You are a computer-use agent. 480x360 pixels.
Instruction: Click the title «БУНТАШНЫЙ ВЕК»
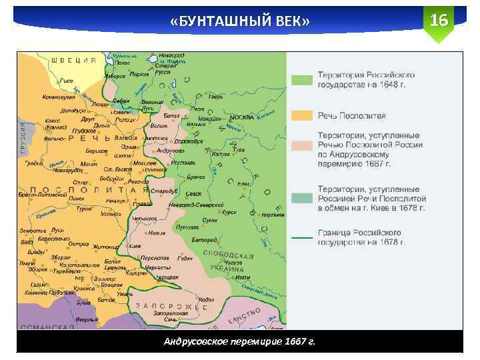pos(239,23)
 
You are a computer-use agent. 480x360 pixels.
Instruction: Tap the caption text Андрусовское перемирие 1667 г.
pos(239,341)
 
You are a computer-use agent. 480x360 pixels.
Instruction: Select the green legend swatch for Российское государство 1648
pos(301,80)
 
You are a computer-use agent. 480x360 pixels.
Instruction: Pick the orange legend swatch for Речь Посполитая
pos(301,115)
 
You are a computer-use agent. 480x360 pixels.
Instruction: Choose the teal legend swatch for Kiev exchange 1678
pos(301,199)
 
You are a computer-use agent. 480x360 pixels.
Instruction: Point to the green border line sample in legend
pos(301,237)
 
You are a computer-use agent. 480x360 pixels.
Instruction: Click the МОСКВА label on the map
pos(241,117)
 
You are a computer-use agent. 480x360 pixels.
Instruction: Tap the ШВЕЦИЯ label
pos(74,60)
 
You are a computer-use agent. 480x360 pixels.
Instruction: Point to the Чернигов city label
pos(145,218)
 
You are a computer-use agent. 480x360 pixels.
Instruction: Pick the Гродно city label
pos(33,163)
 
